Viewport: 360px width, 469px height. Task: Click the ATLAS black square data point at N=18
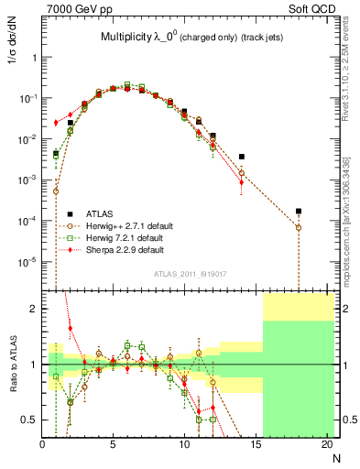[x=299, y=212]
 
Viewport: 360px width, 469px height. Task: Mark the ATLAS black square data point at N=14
[x=242, y=157]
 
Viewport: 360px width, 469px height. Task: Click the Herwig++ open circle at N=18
[x=299, y=227]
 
